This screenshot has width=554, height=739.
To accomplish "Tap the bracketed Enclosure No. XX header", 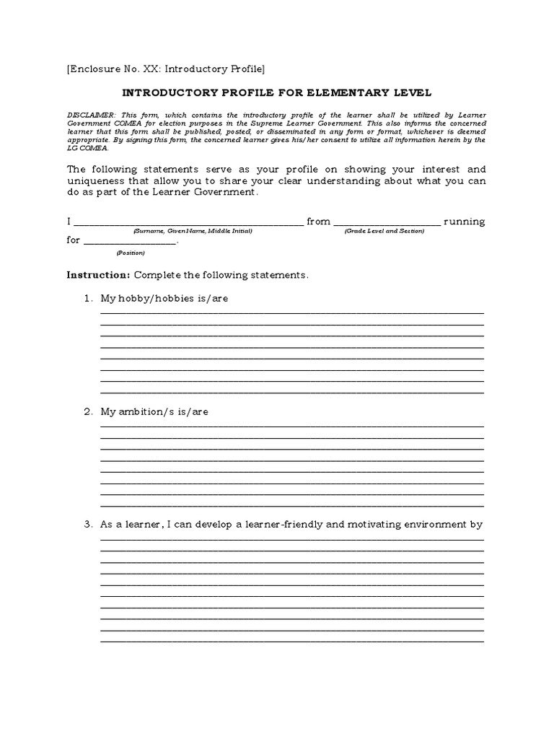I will [166, 69].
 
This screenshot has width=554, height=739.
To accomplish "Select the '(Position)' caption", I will [131, 253].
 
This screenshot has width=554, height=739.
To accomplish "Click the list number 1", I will [87, 299].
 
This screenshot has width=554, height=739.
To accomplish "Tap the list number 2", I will [87, 412].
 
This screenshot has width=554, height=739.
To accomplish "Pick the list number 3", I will [87, 525].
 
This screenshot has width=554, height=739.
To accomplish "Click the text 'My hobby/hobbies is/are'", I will [164, 299].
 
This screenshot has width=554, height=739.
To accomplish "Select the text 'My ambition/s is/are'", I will [155, 412].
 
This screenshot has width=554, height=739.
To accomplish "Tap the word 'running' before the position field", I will [465, 222].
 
